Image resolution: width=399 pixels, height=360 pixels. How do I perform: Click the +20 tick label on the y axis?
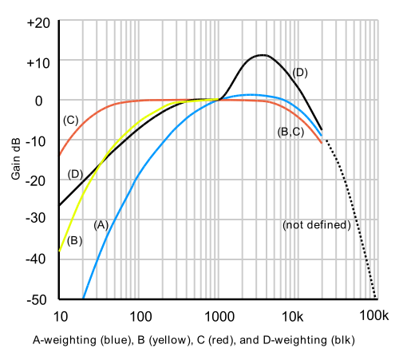(x=38, y=23)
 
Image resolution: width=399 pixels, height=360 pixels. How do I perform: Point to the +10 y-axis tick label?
(x=38, y=62)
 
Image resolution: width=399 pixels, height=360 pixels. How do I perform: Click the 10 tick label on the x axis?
(x=60, y=315)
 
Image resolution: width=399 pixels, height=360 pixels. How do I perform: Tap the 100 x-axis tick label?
(x=140, y=315)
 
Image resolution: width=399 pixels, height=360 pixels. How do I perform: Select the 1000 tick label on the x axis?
(x=218, y=315)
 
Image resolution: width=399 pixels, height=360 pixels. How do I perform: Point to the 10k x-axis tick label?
(x=295, y=315)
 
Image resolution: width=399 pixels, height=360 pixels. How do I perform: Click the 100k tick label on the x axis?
(x=374, y=315)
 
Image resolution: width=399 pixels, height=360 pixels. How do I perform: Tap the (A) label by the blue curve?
(x=101, y=224)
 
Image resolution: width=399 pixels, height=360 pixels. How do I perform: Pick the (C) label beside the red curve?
(x=70, y=121)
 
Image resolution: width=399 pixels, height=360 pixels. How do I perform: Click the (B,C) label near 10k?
(x=290, y=133)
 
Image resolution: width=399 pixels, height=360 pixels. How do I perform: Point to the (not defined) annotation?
(x=317, y=225)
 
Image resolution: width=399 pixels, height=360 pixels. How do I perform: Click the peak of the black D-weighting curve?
(x=263, y=55)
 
